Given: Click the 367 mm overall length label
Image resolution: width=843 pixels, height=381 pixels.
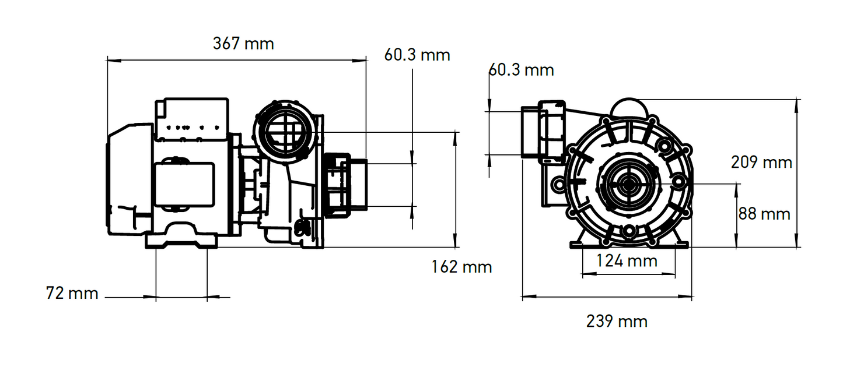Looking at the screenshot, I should pyautogui.click(x=243, y=44).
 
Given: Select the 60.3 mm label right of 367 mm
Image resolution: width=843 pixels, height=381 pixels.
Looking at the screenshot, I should pyautogui.click(x=417, y=55).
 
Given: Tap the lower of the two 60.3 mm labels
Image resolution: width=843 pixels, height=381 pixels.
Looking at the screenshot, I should pyautogui.click(x=520, y=70).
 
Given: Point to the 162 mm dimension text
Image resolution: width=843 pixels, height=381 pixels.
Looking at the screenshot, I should pyautogui.click(x=461, y=267).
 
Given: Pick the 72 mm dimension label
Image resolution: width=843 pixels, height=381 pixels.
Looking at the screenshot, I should pyautogui.click(x=72, y=293).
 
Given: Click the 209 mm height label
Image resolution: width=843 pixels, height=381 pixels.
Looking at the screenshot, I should pyautogui.click(x=761, y=163).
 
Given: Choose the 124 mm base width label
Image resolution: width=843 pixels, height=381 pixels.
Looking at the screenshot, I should pyautogui.click(x=627, y=260).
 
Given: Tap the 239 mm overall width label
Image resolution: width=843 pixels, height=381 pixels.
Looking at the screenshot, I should pyautogui.click(x=617, y=321).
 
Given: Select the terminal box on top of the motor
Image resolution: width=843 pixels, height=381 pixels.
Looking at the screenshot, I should pyautogui.click(x=191, y=119).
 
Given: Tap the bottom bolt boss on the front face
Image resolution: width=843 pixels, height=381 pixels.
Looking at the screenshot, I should pyautogui.click(x=628, y=231).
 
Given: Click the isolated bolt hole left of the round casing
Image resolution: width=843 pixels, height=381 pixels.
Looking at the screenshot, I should pyautogui.click(x=558, y=185).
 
